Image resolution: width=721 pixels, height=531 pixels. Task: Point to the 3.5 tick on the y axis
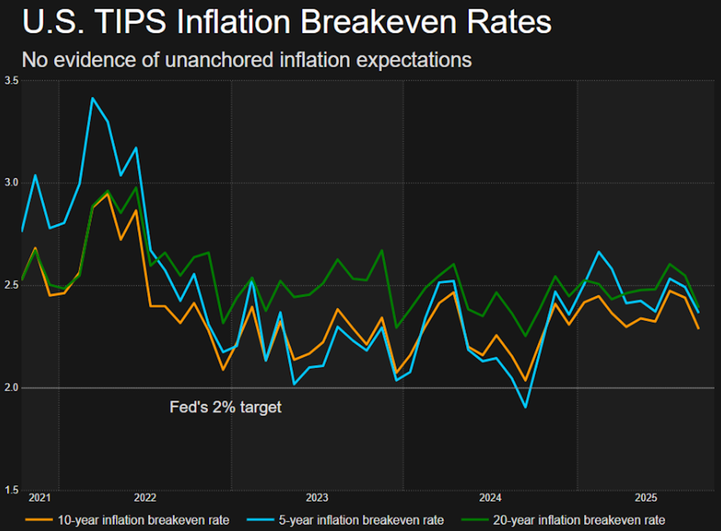(11, 81)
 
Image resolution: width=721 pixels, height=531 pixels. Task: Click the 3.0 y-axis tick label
(11, 183)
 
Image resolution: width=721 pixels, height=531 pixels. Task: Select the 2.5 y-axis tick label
(11, 285)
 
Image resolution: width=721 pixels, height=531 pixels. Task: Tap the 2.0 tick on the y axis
(11, 388)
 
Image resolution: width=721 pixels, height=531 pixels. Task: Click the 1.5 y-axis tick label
(11, 490)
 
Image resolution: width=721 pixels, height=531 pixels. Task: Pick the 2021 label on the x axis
(40, 498)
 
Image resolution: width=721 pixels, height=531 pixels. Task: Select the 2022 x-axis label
(145, 498)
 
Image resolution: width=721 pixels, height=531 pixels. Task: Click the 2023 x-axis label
(317, 498)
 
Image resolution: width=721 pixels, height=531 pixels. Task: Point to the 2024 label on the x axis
(490, 498)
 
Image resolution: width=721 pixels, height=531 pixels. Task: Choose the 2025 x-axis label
(646, 498)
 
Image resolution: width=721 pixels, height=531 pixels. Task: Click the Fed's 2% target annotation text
(225, 408)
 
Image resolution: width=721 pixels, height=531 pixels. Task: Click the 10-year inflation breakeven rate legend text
(144, 520)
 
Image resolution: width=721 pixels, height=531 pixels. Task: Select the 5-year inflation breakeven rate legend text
(361, 520)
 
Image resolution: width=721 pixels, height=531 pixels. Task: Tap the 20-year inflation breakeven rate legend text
(579, 520)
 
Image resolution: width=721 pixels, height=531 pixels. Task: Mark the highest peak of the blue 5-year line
(92, 98)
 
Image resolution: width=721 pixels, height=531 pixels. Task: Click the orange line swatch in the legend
(38, 520)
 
